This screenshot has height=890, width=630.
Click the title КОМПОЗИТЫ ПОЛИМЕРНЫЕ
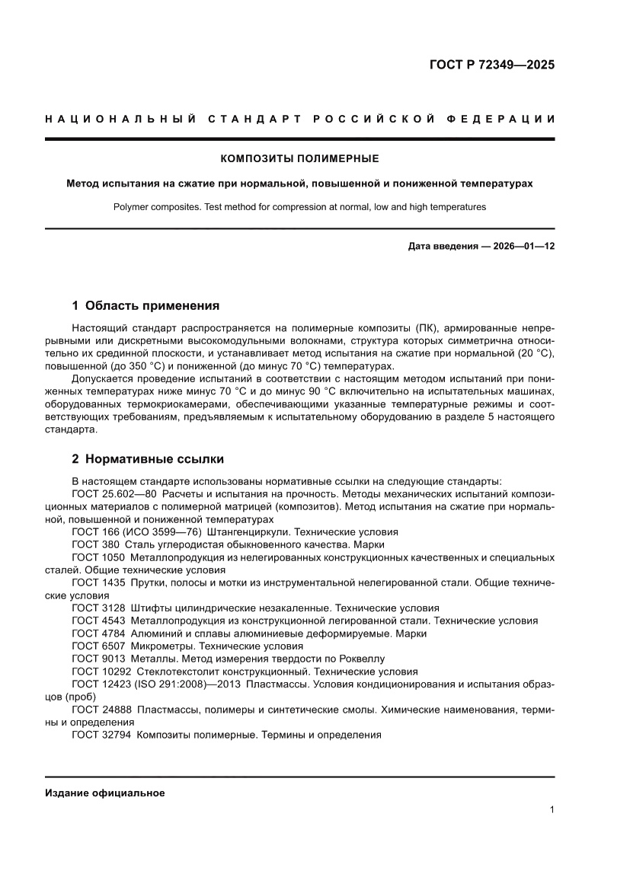pyautogui.click(x=299, y=159)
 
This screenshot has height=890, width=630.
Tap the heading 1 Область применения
pyautogui.click(x=146, y=306)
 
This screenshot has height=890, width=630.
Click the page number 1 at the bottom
pyautogui.click(x=551, y=810)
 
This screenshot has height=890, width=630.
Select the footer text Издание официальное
pyautogui.click(x=105, y=793)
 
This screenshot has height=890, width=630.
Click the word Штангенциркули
pyautogui.click(x=252, y=531)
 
